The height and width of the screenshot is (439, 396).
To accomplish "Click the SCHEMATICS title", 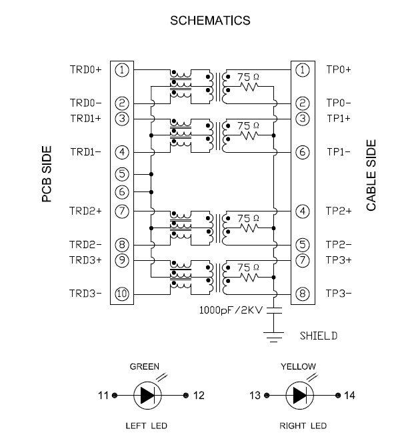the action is (x=210, y=21).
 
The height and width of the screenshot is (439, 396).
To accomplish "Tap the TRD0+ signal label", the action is (x=85, y=69).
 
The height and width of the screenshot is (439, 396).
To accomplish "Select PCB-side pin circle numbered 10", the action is (x=122, y=294).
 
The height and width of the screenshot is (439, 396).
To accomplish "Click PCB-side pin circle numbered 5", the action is (x=122, y=174).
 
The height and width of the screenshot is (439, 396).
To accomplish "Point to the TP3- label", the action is (x=339, y=294).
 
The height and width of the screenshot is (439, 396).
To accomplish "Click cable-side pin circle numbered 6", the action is (x=303, y=152).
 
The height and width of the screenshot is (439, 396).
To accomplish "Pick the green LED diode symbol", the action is (x=147, y=396).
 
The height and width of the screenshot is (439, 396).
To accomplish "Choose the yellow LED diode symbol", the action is (x=300, y=396).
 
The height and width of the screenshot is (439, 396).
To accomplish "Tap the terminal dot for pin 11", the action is (x=115, y=396).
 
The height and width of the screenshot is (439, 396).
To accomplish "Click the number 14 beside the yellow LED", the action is (x=349, y=396).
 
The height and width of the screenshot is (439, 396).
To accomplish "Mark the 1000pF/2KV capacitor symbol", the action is (x=274, y=310).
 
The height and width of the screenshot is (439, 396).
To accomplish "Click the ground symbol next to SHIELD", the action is (x=274, y=337).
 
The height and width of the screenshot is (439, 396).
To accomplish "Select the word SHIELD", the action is (x=319, y=336).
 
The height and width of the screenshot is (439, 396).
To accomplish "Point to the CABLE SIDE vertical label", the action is (x=371, y=175).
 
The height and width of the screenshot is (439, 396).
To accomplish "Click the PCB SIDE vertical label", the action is (x=47, y=174).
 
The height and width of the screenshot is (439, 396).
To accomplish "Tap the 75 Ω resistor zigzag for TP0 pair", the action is (x=249, y=87).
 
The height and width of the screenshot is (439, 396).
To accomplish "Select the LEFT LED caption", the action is (x=147, y=426).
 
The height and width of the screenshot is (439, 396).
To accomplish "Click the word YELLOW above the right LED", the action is (x=298, y=366).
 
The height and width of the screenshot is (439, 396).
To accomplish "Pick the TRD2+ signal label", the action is (x=85, y=211).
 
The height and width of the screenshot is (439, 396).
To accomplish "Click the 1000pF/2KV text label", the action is (x=231, y=310).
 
